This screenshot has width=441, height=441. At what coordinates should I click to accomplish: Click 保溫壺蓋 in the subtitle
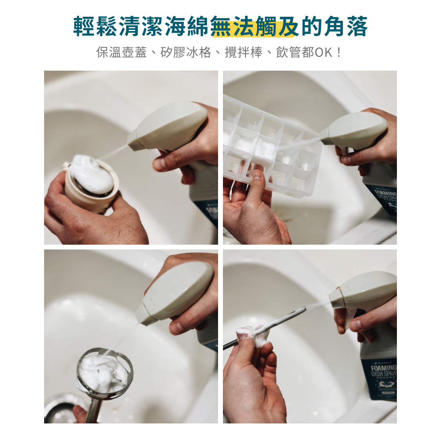[x=121, y=52]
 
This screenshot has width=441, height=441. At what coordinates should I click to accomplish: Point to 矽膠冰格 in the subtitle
[x=186, y=52]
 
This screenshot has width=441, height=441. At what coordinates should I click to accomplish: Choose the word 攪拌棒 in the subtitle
[x=243, y=52]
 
